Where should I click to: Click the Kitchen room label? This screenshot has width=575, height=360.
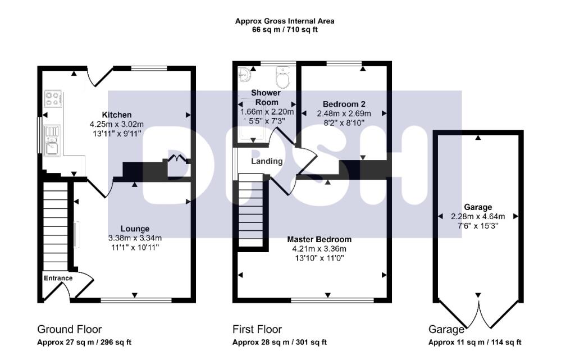[x=117, y=115]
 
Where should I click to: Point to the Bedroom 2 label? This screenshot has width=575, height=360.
[x=344, y=104]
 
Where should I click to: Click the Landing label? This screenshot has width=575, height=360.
[x=266, y=161]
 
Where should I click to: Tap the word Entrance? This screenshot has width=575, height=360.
[x=58, y=278]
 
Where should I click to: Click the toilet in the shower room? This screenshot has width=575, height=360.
[x=282, y=78]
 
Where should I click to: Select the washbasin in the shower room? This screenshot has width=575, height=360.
[x=245, y=75]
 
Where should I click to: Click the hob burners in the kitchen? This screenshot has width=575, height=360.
[x=53, y=99]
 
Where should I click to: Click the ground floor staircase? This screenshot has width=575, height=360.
[x=55, y=225]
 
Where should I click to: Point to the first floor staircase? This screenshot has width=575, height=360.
[x=251, y=211]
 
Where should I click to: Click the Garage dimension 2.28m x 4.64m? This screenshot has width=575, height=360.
[x=477, y=216]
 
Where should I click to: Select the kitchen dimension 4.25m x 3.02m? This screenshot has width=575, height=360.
[x=117, y=124]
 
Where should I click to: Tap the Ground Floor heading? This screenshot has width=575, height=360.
[x=69, y=329]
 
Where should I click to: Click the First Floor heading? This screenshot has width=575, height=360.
[x=257, y=329]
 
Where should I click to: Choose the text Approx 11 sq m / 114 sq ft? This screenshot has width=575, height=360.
[x=474, y=342]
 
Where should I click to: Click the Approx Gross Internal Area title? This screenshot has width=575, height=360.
[x=285, y=21]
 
